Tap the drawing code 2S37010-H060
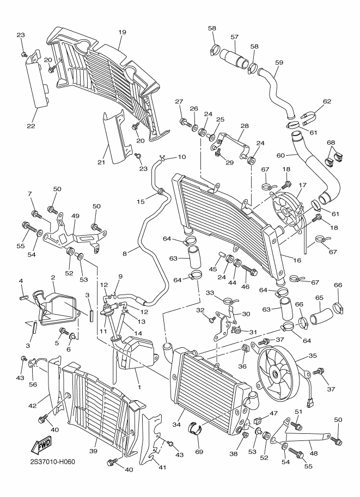[53, 462]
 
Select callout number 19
[121, 32]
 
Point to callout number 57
[235, 37]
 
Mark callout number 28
[245, 126]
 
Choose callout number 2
[53, 278]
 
